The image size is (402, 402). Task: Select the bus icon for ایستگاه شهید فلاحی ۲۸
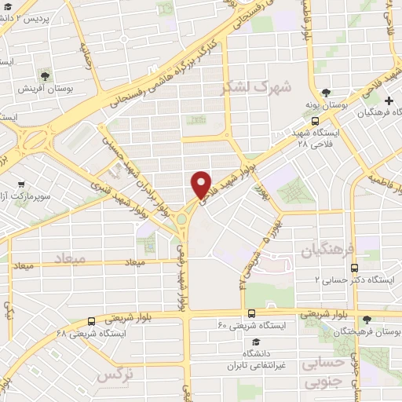[x=315, y=122]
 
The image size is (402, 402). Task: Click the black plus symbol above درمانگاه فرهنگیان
[x=389, y=100]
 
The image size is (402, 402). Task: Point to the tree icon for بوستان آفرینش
[x=42, y=76]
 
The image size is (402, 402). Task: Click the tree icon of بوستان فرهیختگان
[x=367, y=320]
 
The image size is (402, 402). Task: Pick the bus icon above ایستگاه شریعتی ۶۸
[x=92, y=321]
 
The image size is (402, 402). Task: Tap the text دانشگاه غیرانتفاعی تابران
[x=255, y=360]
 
